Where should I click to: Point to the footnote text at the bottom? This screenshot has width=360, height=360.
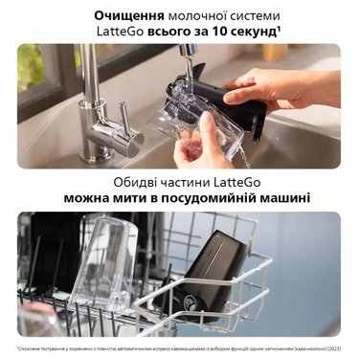point(180,349)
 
